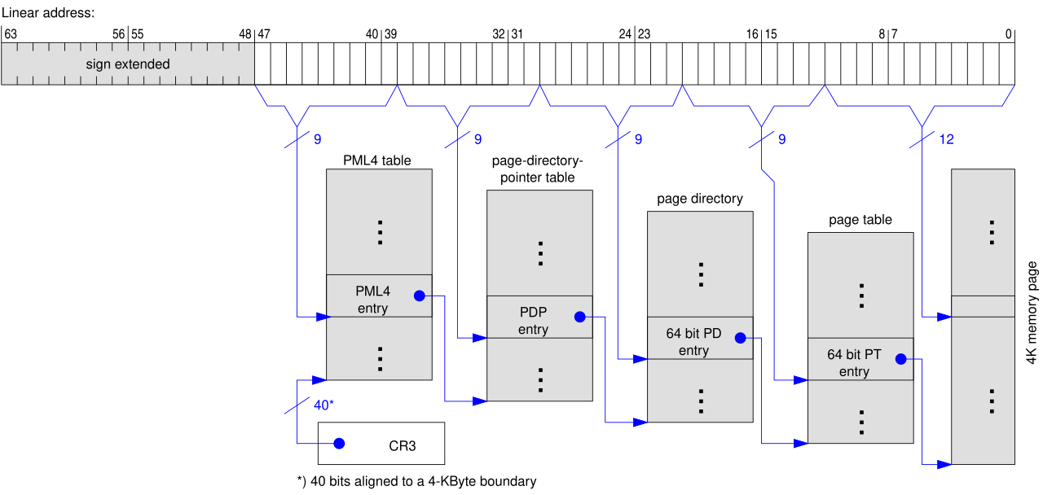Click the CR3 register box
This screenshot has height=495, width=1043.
click(x=381, y=444)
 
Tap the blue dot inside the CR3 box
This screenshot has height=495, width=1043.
click(x=340, y=444)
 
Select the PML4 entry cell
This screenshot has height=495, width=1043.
click(x=379, y=296)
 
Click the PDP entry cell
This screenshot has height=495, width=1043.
click(x=539, y=317)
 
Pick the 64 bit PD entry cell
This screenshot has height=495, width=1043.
click(x=700, y=338)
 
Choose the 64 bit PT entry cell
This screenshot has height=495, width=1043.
click(x=860, y=359)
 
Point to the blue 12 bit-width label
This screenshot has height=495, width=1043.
click(x=947, y=139)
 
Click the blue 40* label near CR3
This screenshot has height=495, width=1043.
click(x=323, y=405)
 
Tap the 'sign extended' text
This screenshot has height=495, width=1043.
click(x=128, y=64)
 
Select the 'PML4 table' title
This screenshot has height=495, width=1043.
click(x=377, y=160)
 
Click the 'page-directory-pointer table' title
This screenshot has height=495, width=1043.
click(x=537, y=169)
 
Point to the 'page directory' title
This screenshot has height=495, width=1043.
click(x=700, y=199)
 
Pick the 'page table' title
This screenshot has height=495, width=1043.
click(x=860, y=220)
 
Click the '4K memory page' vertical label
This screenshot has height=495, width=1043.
click(x=1032, y=313)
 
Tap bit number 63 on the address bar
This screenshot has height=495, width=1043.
click(x=11, y=34)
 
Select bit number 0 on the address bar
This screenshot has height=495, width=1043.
click(x=1009, y=34)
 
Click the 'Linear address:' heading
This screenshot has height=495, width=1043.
click(x=48, y=12)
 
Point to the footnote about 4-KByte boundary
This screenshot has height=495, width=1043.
click(x=416, y=481)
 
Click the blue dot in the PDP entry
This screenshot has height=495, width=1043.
click(x=579, y=317)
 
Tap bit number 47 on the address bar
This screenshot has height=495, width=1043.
click(x=264, y=34)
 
